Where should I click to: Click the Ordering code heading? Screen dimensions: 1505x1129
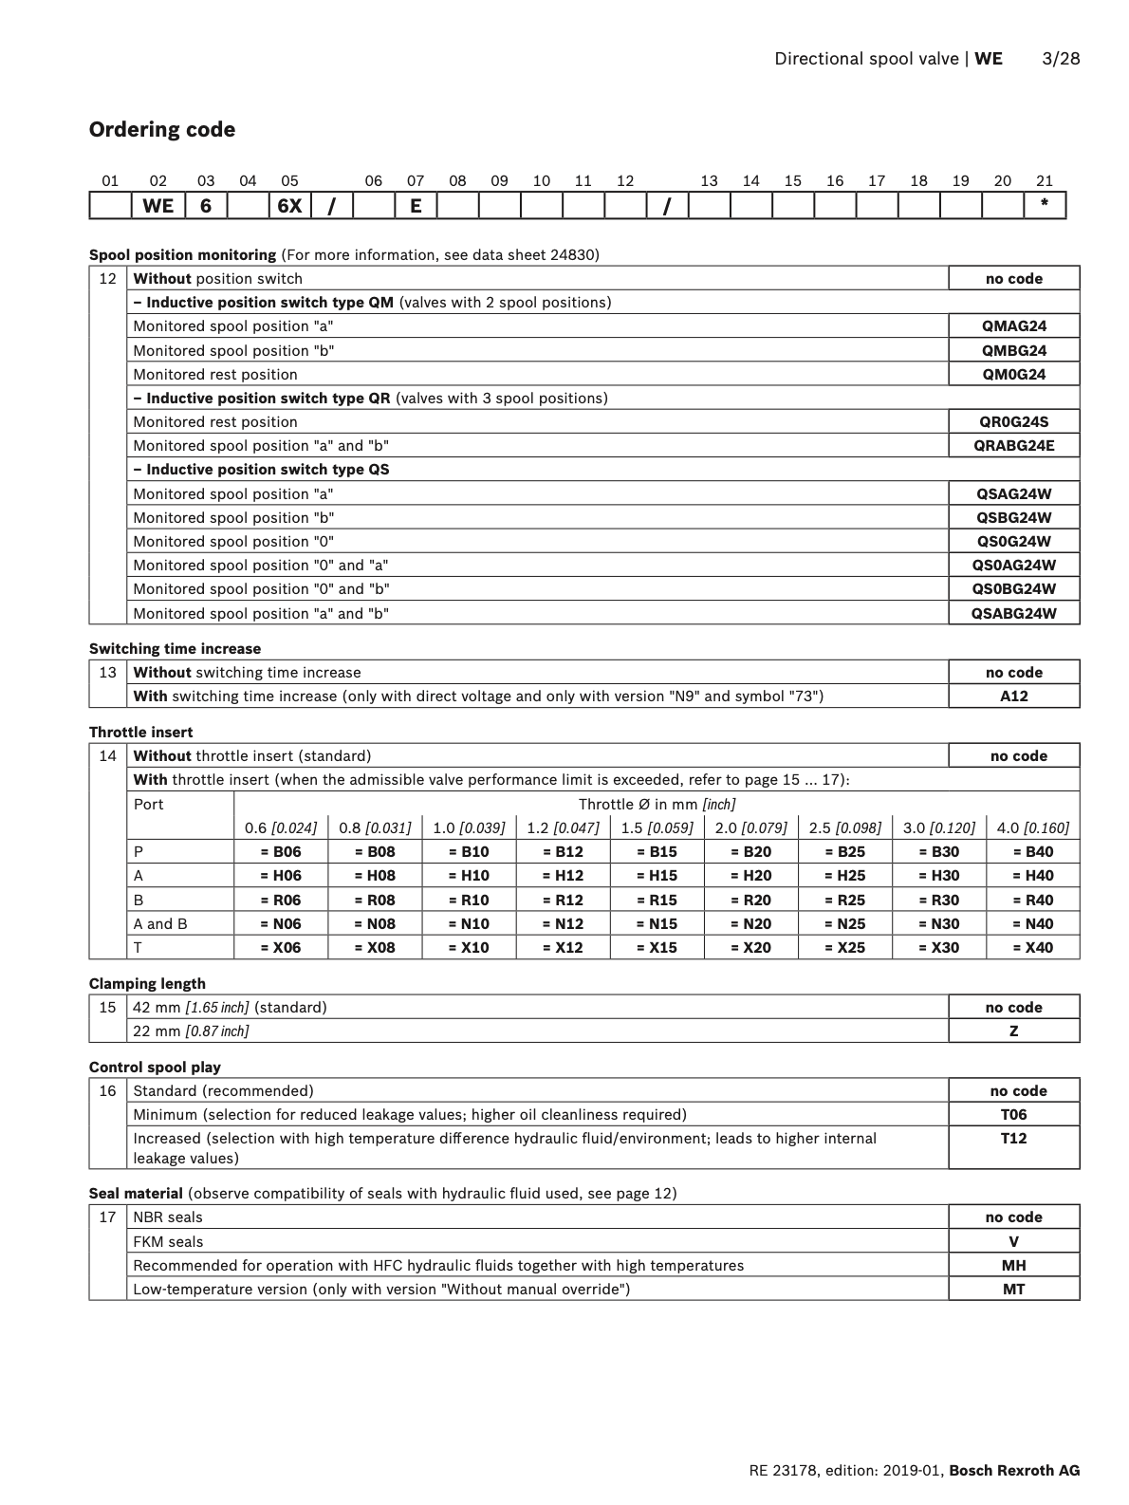point(162,130)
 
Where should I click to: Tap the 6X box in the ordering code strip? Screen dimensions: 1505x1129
point(289,205)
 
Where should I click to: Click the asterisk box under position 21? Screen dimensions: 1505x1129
point(1045,205)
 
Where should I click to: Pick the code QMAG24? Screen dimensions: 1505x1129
point(1013,326)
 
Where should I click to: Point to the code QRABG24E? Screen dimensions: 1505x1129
point(1013,446)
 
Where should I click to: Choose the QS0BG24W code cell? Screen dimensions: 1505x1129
point(1013,589)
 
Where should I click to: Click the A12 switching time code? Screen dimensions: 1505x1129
point(1013,697)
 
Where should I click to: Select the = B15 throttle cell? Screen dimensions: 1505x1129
point(657,852)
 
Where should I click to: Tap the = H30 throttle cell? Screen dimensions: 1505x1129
point(938,876)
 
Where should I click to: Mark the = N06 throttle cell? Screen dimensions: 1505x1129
point(280,924)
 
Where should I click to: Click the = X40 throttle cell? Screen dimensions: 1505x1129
point(1032,948)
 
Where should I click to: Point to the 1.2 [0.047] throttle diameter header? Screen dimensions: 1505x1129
point(563,828)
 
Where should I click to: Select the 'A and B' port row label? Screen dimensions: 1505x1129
point(160,924)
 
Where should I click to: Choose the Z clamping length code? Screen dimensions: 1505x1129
point(1013,1031)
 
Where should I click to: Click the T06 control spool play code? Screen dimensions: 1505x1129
point(1013,1115)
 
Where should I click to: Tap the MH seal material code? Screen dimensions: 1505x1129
point(1013,1266)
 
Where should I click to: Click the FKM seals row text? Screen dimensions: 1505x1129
point(168,1242)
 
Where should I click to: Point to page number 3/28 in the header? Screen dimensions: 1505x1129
point(1061,59)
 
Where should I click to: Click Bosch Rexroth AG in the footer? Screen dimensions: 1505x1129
point(1014,1471)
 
